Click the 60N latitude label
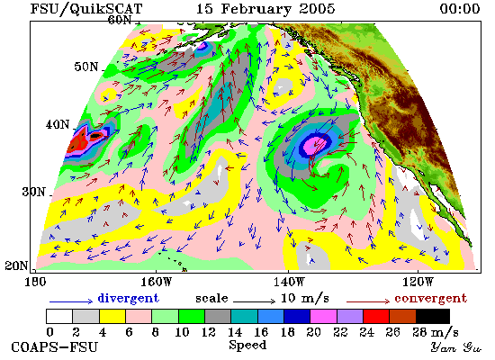click(120, 20)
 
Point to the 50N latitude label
click(86, 67)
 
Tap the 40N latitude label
click(58, 124)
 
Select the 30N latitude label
click(34, 192)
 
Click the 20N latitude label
click(16, 265)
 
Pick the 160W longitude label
click(156, 282)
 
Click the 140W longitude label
click(289, 282)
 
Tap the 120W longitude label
click(418, 282)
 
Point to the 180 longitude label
click(35, 282)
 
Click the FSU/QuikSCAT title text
click(86, 8)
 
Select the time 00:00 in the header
click(460, 8)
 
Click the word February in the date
click(256, 9)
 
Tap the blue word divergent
click(128, 298)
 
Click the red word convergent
click(430, 298)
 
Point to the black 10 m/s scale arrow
click(255, 301)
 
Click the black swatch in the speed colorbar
click(433, 317)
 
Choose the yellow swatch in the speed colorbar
click(112, 317)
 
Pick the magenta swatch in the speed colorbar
click(323, 317)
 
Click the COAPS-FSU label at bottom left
click(55, 347)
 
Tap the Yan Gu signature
click(456, 347)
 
